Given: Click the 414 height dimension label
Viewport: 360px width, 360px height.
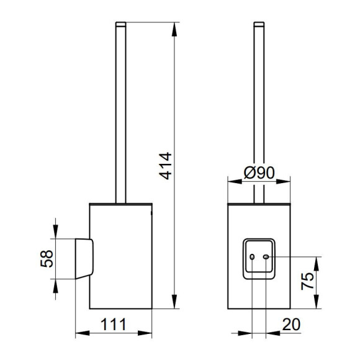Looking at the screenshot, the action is (x=165, y=166).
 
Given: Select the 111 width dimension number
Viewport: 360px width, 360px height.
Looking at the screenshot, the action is (x=114, y=325).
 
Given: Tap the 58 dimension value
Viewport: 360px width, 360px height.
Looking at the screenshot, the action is (x=47, y=259).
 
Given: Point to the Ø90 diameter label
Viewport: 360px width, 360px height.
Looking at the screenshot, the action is (x=259, y=173).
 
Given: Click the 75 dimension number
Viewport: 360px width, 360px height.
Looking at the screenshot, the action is (x=307, y=281).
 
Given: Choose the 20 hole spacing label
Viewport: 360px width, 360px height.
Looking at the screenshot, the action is (x=291, y=324).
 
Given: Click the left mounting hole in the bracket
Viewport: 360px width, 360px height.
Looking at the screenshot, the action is (x=252, y=257).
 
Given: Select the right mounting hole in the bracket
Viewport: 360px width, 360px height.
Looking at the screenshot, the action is (x=266, y=257).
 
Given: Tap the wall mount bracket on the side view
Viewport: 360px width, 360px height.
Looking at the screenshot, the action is (x=84, y=259).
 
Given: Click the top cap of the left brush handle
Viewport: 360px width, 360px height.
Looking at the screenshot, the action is (x=121, y=24).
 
